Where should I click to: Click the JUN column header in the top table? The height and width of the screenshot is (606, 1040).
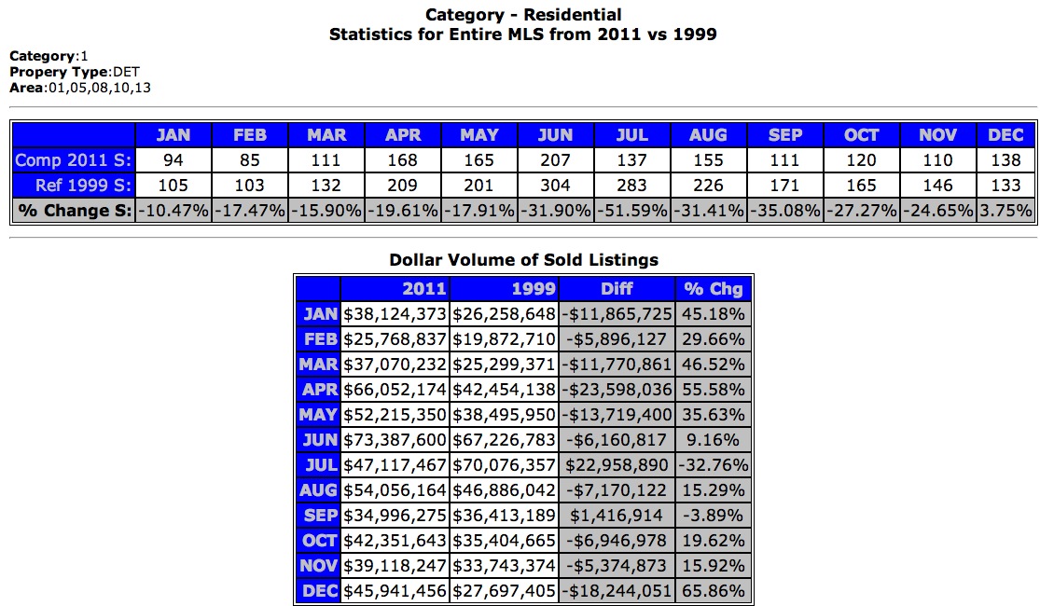[x=556, y=135]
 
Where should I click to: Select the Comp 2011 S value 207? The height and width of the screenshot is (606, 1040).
[x=556, y=160]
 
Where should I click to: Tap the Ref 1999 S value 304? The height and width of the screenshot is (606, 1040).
[x=556, y=186]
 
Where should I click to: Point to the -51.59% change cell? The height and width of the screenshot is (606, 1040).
[x=632, y=211]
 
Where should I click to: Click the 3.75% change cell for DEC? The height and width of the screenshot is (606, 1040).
[x=1005, y=211]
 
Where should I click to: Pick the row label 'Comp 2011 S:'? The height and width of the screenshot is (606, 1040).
[x=74, y=160]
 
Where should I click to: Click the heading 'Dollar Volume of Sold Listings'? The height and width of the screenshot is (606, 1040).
[x=523, y=260]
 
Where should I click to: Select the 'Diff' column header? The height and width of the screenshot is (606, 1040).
[x=617, y=289]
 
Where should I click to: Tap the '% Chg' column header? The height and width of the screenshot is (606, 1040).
[x=713, y=289]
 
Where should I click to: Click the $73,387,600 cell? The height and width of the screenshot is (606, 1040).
[x=395, y=439]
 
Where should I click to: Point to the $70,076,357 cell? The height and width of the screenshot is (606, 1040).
[x=505, y=464]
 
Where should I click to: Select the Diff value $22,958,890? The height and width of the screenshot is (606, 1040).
[x=617, y=464]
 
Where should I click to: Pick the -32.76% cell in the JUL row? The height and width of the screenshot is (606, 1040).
[x=713, y=464]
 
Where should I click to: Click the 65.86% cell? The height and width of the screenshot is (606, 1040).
[x=713, y=590]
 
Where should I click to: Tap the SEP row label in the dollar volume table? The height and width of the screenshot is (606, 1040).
[x=319, y=515]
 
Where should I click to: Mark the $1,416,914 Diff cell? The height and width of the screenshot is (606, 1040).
[x=617, y=515]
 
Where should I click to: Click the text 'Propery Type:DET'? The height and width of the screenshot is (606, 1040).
[x=75, y=72]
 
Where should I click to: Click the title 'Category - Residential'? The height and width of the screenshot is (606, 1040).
[x=523, y=15]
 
